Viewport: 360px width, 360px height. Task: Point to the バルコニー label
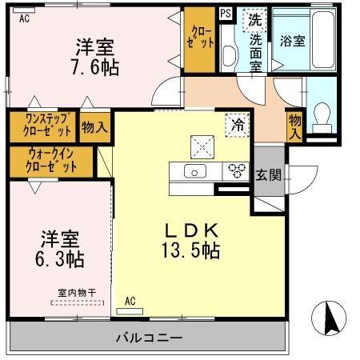point(147,337)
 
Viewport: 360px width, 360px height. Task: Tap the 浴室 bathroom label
point(292,42)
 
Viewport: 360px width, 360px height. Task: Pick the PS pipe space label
point(226,13)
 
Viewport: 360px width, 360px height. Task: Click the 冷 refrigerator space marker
point(237,124)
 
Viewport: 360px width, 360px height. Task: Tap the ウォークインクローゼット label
point(52,161)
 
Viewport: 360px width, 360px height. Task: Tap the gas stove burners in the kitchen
point(236,170)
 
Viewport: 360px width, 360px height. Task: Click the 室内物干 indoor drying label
point(77,294)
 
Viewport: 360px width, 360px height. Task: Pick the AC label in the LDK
point(130,302)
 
